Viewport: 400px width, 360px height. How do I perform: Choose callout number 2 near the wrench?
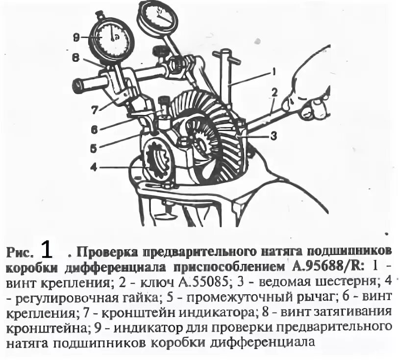(x=274, y=92)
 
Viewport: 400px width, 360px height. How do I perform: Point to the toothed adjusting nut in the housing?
(x=158, y=160)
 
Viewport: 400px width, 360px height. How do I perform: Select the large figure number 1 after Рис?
(x=47, y=250)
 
